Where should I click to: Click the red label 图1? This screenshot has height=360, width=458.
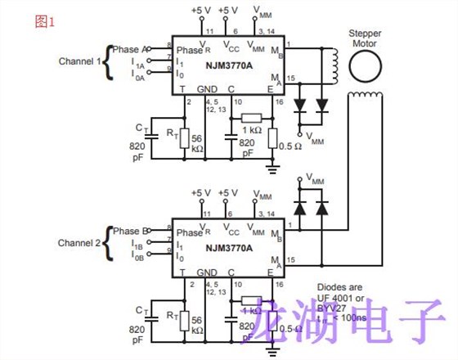[44, 22]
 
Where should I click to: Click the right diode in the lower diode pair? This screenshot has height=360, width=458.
[321, 209]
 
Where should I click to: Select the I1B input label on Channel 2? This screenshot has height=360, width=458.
[137, 245]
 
